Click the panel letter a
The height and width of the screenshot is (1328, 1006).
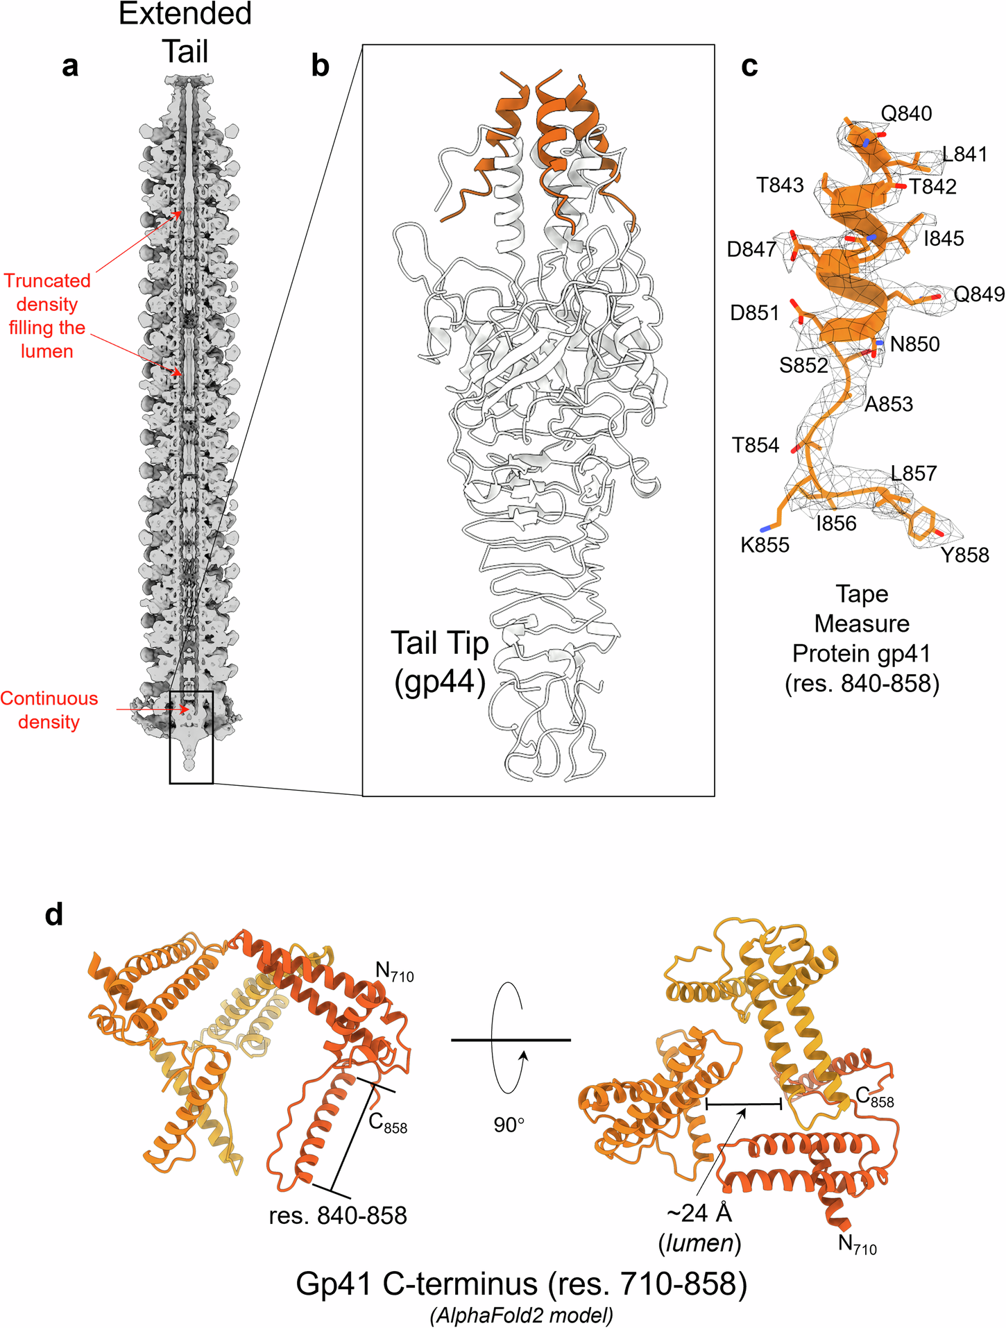pyautogui.click(x=70, y=67)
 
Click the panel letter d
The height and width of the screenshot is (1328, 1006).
pyautogui.click(x=54, y=915)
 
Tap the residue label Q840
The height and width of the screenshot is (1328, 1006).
pyautogui.click(x=906, y=113)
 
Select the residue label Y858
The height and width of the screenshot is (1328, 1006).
pyautogui.click(x=964, y=555)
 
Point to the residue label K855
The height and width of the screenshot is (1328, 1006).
pyautogui.click(x=765, y=545)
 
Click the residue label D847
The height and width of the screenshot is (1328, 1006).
pyautogui.click(x=751, y=249)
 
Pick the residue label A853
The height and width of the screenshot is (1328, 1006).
pyautogui.click(x=888, y=404)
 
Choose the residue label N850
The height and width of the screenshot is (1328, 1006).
pyautogui.click(x=914, y=344)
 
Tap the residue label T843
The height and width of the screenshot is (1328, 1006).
pyautogui.click(x=780, y=185)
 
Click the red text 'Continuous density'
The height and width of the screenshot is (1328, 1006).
pyautogui.click(x=49, y=710)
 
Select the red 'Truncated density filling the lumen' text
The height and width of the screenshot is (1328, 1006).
pyautogui.click(x=47, y=316)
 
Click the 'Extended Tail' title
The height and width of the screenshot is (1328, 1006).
pyautogui.click(x=185, y=33)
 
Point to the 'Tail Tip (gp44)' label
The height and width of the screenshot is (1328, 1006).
pyautogui.click(x=440, y=662)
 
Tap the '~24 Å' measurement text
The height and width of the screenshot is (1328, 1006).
pyautogui.click(x=699, y=1213)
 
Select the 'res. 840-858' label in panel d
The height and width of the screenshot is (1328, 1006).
pyautogui.click(x=338, y=1216)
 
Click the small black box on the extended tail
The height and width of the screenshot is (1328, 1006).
pyautogui.click(x=191, y=737)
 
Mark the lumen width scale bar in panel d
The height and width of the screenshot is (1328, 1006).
pyautogui.click(x=744, y=1103)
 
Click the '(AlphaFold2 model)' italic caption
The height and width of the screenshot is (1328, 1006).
pyautogui.click(x=521, y=1315)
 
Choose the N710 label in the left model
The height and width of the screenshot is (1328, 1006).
pyautogui.click(x=394, y=973)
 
